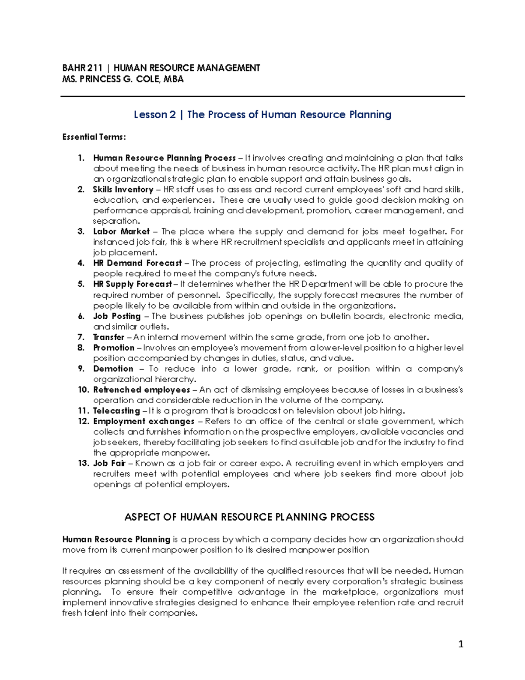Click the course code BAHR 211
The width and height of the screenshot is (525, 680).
(82, 68)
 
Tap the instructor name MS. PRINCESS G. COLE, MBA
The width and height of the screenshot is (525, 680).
(123, 79)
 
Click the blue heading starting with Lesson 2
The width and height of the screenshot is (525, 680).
(262, 115)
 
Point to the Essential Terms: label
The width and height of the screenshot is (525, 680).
(94, 137)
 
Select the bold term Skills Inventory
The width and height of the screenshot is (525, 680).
(123, 190)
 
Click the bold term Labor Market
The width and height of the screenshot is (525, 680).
(121, 232)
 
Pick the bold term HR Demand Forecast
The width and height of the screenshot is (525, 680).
(137, 263)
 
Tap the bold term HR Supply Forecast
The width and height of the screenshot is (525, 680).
(133, 284)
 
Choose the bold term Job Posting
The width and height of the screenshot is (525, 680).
(117, 316)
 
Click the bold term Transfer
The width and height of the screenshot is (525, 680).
(109, 337)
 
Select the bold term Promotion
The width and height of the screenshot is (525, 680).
(114, 348)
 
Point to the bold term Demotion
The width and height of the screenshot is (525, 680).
(113, 369)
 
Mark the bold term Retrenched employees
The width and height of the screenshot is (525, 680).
(141, 390)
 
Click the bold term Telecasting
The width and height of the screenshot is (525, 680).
(116, 411)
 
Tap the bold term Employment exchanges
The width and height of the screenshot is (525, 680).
(143, 421)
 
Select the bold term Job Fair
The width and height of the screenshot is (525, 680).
(109, 463)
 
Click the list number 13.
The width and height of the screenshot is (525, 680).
(83, 463)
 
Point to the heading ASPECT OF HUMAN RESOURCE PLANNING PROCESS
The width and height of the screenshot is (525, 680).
(249, 517)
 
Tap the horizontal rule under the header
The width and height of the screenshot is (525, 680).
(262, 96)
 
